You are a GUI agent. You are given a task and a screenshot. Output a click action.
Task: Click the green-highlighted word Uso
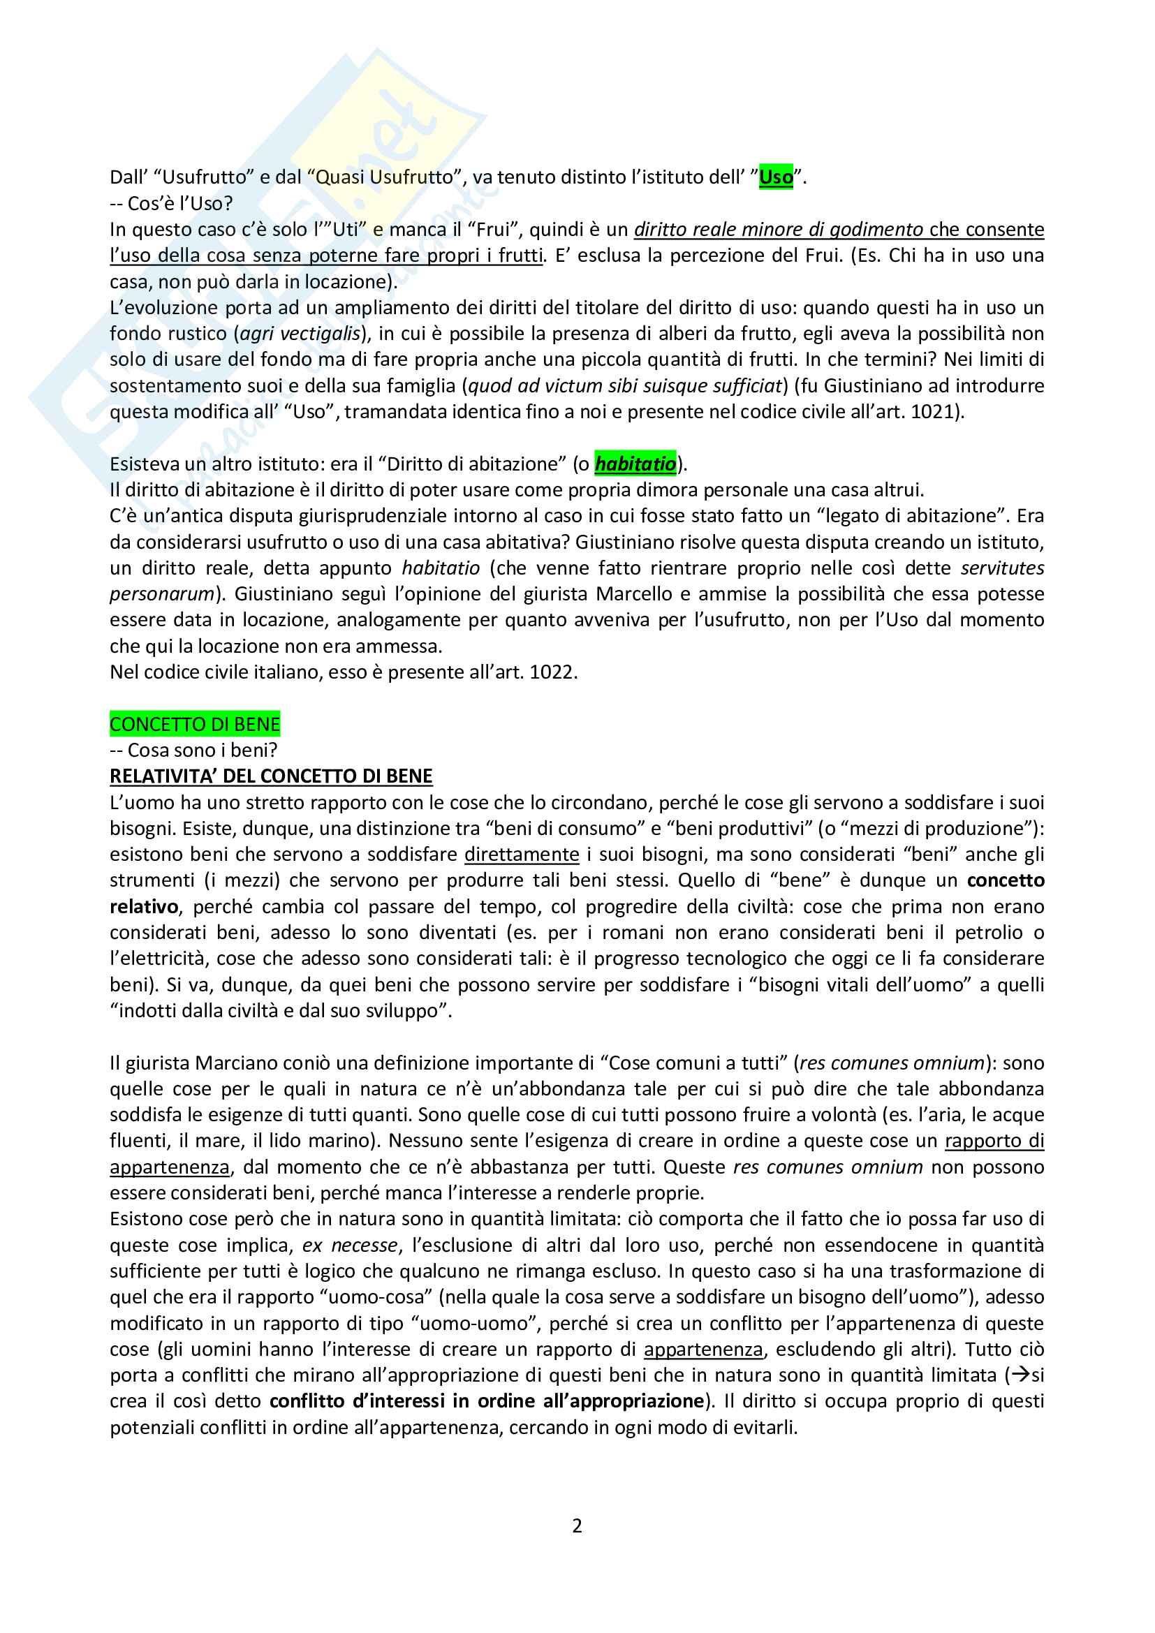click(775, 177)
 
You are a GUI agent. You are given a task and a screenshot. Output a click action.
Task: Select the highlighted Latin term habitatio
click(635, 464)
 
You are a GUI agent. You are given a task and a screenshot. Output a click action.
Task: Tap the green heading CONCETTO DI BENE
click(195, 724)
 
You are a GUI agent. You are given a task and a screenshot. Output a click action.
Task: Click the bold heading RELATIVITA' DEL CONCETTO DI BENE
click(271, 776)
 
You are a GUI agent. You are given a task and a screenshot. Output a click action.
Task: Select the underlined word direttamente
click(522, 854)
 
